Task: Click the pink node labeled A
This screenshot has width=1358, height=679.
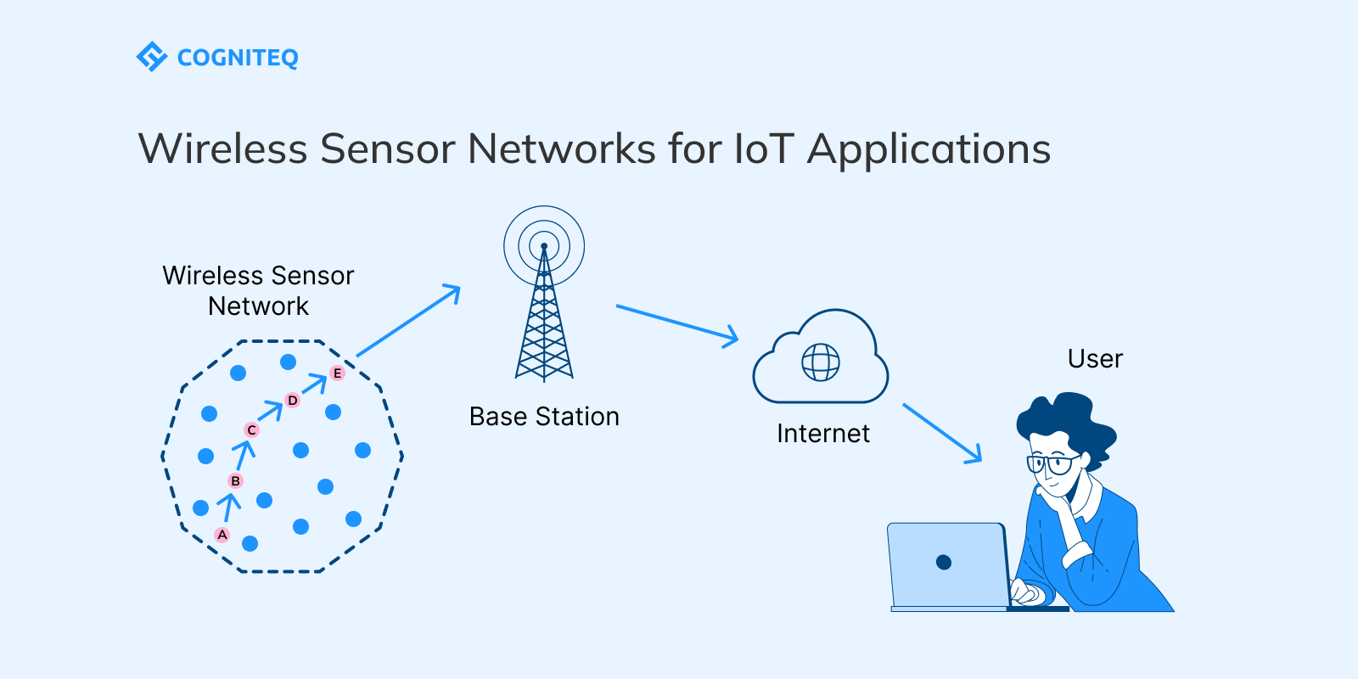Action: point(222,535)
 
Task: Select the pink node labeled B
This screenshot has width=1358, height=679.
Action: point(236,480)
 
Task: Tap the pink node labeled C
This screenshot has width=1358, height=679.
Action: point(251,430)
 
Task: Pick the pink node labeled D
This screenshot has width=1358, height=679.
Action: point(293,400)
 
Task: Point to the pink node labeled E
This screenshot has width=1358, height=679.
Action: point(337,373)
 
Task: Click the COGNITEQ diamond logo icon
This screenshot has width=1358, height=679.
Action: point(152,57)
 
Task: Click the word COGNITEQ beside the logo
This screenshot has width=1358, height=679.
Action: point(238,58)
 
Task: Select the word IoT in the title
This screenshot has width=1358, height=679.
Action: point(763,149)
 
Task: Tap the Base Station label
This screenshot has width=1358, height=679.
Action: point(544,417)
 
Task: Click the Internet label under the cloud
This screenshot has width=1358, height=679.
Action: point(822,434)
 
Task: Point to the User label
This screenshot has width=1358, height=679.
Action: point(1095,359)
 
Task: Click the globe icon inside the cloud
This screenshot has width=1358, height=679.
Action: point(821,362)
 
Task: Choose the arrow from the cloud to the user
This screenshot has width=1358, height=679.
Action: point(942,433)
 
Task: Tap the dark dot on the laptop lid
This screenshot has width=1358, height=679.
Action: point(944,562)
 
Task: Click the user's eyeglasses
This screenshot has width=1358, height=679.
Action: point(1052,464)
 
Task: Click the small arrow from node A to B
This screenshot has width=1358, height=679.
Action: point(228,507)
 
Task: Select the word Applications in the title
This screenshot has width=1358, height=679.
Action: point(929,149)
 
